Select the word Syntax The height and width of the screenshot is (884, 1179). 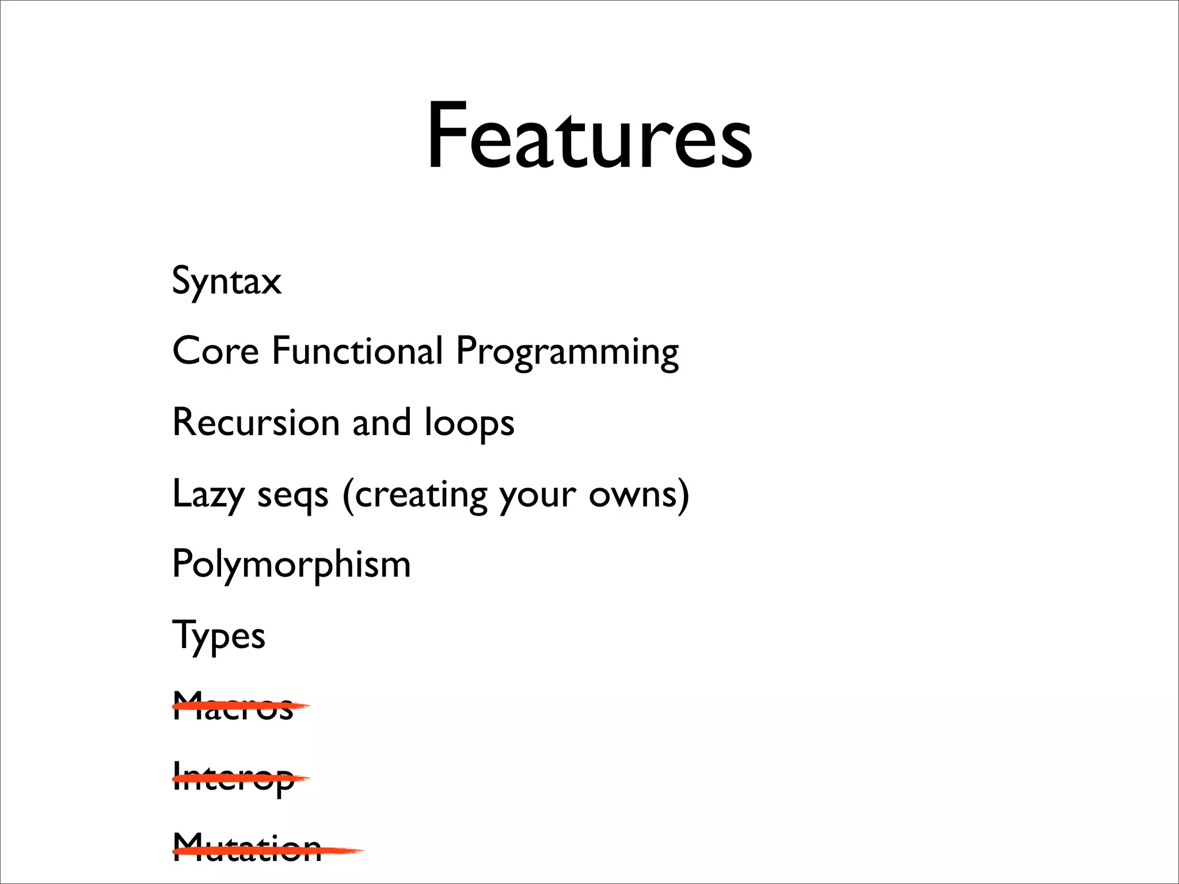tap(227, 281)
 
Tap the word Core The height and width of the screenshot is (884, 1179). tap(215, 350)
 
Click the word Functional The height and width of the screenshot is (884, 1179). tap(357, 350)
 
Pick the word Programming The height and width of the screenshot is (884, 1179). tap(567, 352)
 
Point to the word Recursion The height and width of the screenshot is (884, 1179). tap(256, 422)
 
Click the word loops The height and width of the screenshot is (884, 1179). tap(469, 424)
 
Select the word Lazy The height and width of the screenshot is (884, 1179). tap(207, 494)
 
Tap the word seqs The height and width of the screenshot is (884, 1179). tap(292, 496)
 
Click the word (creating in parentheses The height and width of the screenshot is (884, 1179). tap(414, 494)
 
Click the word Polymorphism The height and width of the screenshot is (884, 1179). tap(291, 564)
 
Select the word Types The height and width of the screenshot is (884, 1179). tap(219, 636)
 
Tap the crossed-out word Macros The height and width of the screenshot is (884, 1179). tap(233, 707)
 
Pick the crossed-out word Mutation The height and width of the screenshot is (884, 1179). tap(247, 849)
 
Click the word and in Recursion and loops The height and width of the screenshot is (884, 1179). tap(382, 422)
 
